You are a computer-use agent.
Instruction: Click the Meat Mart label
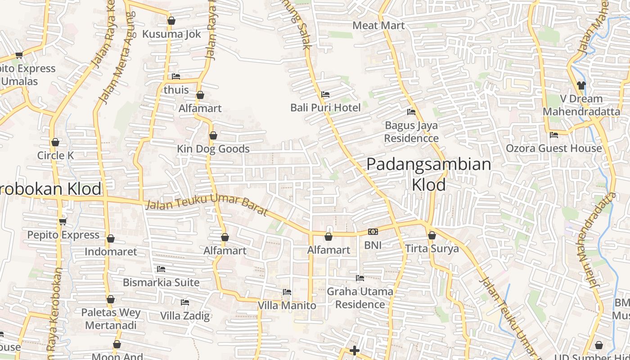tap(378, 25)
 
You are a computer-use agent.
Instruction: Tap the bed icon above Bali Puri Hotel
tap(325, 94)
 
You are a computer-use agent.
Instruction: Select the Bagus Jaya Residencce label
tap(411, 132)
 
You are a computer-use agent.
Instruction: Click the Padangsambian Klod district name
tap(428, 174)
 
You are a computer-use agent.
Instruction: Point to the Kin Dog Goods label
tap(213, 149)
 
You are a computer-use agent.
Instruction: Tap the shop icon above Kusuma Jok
tap(171, 21)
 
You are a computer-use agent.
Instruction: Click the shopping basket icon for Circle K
tap(55, 143)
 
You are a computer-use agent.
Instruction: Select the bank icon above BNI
tap(373, 232)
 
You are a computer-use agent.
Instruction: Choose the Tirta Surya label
tap(432, 248)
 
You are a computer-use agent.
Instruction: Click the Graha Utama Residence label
tap(360, 298)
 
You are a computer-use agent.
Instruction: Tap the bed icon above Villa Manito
tap(287, 292)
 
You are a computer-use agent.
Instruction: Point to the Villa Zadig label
tap(185, 315)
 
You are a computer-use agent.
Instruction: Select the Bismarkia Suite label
tap(161, 283)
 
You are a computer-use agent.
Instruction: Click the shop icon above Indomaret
tap(111, 238)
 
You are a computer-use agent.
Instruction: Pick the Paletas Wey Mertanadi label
tap(111, 319)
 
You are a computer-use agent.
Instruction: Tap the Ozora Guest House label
tap(553, 148)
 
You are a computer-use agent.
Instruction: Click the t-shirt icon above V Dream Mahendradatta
tap(581, 85)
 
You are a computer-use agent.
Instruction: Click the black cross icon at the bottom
tap(355, 351)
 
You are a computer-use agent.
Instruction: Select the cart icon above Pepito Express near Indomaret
tap(63, 221)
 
